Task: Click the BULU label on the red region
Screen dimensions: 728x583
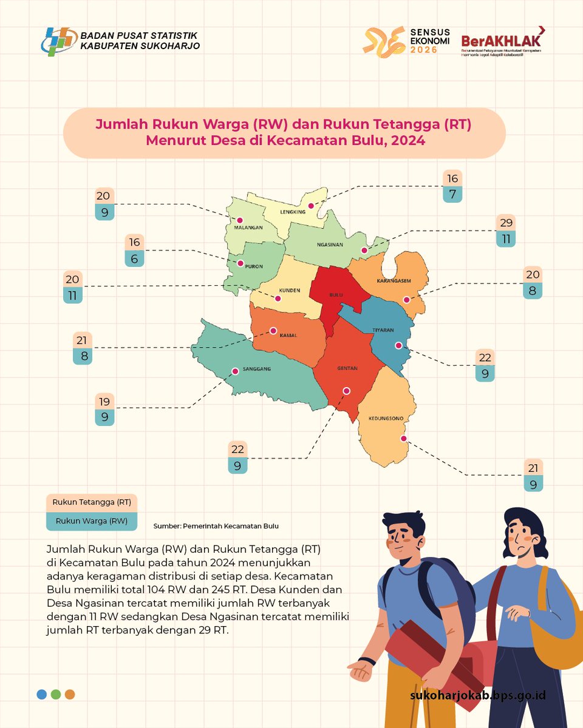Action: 336,295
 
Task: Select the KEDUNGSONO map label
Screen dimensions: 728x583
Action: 386,418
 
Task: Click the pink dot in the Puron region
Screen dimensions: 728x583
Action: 240,264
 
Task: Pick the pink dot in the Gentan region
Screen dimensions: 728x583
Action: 346,391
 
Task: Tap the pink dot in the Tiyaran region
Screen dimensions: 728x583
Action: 398,346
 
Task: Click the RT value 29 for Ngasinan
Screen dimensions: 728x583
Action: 505,223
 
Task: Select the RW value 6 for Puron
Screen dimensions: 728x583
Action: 134,258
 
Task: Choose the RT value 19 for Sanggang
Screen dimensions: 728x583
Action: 104,402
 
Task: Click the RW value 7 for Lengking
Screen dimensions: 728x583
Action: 453,195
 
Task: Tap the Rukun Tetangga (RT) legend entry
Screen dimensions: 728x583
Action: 92,502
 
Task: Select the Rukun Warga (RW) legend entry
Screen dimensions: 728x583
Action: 92,521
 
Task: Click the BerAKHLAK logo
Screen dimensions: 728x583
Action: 502,41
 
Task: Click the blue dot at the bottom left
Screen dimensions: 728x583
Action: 41,695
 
